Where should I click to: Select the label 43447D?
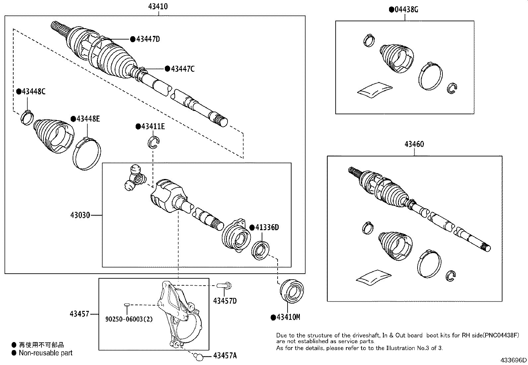coord(148,39)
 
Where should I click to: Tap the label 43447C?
coord(182,69)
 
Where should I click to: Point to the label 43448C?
coord(33,91)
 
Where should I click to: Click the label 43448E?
coord(88,119)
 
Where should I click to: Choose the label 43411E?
coord(153,127)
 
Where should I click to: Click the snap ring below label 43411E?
coord(153,142)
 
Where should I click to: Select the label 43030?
coord(80,215)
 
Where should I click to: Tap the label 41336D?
coord(267,228)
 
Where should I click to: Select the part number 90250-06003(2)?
coord(129,319)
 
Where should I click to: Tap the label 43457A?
coord(225,356)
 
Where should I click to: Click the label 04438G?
coord(406,9)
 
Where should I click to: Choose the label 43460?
coord(414,144)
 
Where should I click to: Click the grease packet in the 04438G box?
coord(374,90)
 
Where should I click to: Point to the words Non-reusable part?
coord(45,353)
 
